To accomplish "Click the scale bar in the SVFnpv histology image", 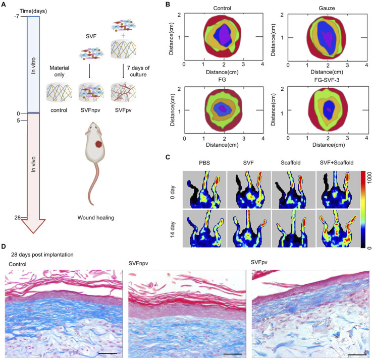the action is tap(232, 353).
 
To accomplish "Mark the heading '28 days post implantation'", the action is tap(41, 255).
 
